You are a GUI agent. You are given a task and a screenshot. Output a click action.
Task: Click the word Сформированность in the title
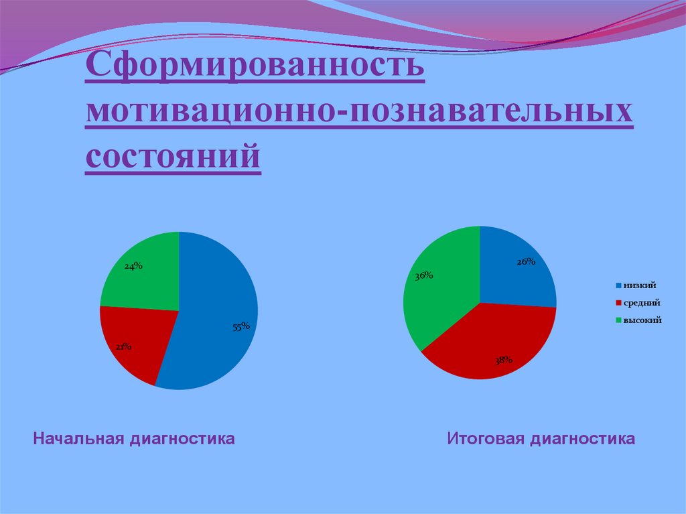click(255, 69)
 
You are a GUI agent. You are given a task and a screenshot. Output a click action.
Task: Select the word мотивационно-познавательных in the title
click(358, 113)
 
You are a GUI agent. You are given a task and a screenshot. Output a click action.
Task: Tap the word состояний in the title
click(172, 156)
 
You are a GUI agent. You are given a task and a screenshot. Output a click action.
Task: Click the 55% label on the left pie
click(241, 326)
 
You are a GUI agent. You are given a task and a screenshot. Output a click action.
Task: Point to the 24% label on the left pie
click(133, 265)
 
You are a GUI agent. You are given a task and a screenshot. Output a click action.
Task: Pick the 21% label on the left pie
click(123, 346)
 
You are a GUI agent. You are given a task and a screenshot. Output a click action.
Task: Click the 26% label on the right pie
click(525, 262)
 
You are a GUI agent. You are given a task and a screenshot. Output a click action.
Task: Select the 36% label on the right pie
click(424, 275)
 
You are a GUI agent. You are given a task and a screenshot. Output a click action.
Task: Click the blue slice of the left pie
click(214, 302)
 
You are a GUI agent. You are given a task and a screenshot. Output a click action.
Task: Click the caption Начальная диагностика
click(134, 439)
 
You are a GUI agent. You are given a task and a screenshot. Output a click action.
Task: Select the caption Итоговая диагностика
click(541, 439)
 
